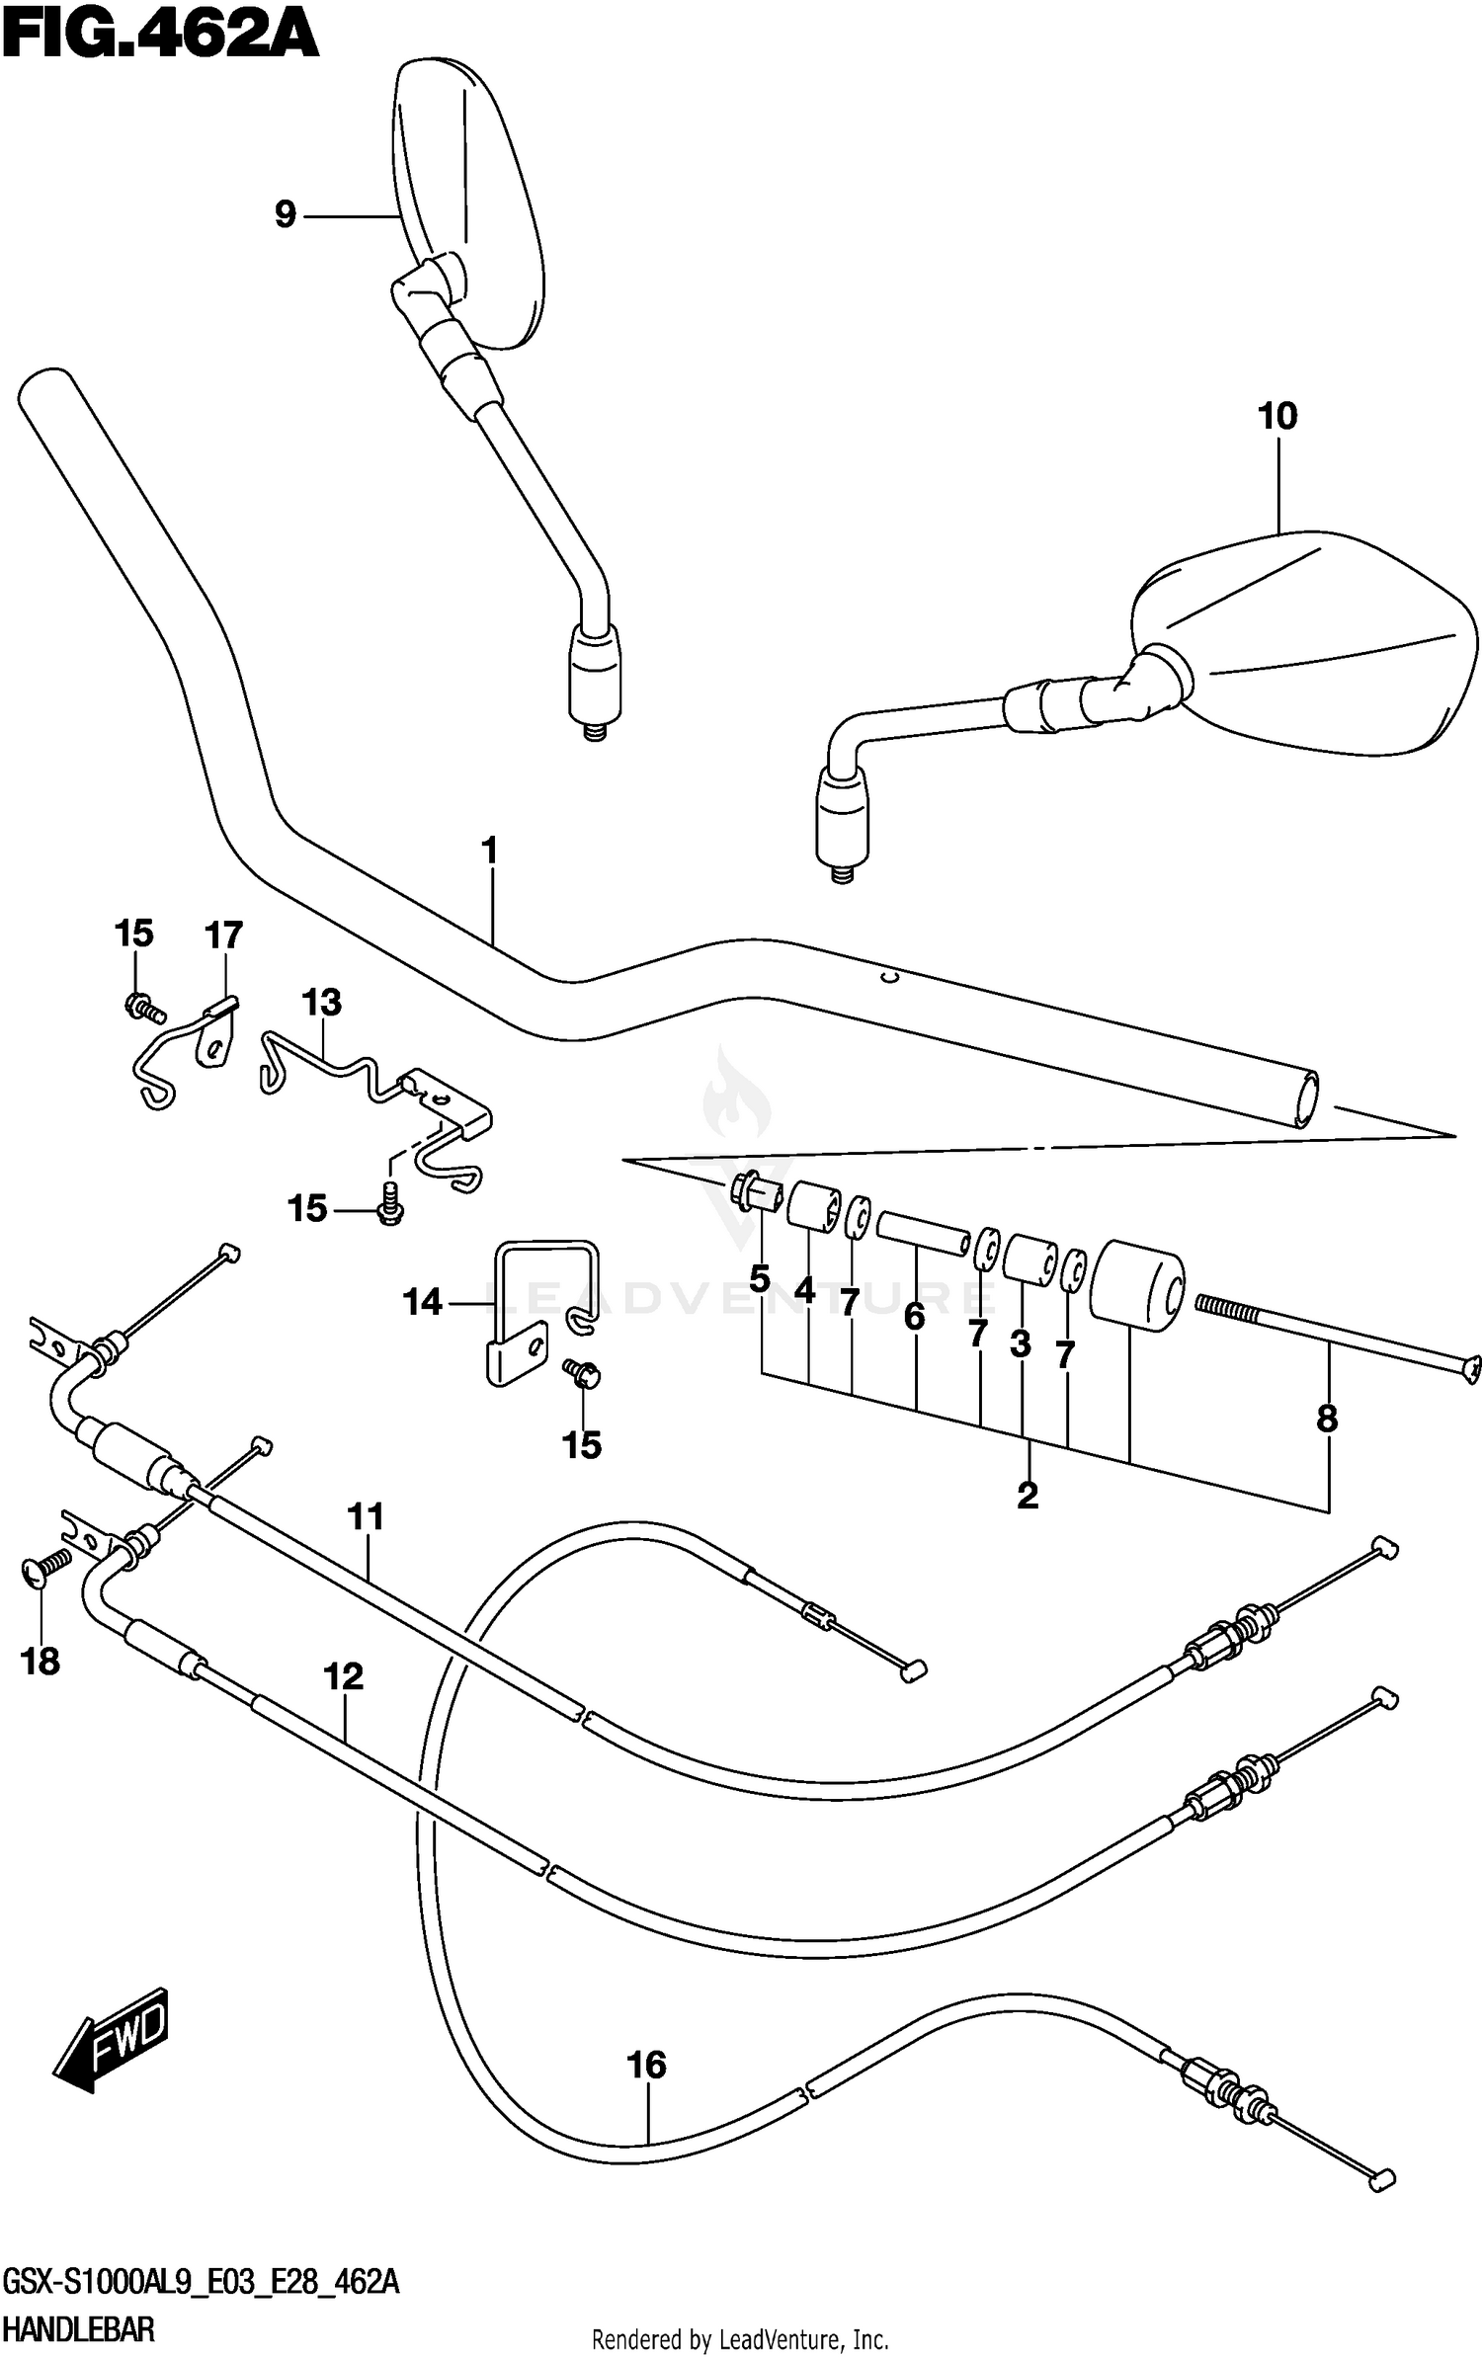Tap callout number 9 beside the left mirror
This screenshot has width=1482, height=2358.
pyautogui.click(x=286, y=214)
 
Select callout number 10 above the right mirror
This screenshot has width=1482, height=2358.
pyautogui.click(x=1276, y=416)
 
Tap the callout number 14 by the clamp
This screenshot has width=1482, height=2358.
pyautogui.click(x=423, y=1303)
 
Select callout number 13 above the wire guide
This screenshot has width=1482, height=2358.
pyautogui.click(x=321, y=1003)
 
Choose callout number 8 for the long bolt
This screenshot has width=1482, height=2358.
pyautogui.click(x=1327, y=1419)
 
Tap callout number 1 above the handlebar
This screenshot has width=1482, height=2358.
pyautogui.click(x=489, y=851)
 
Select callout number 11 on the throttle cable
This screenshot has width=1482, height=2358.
pyautogui.click(x=366, y=1516)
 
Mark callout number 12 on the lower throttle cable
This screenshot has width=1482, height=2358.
pyautogui.click(x=344, y=1676)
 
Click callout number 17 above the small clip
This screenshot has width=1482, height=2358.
pyautogui.click(x=223, y=935)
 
